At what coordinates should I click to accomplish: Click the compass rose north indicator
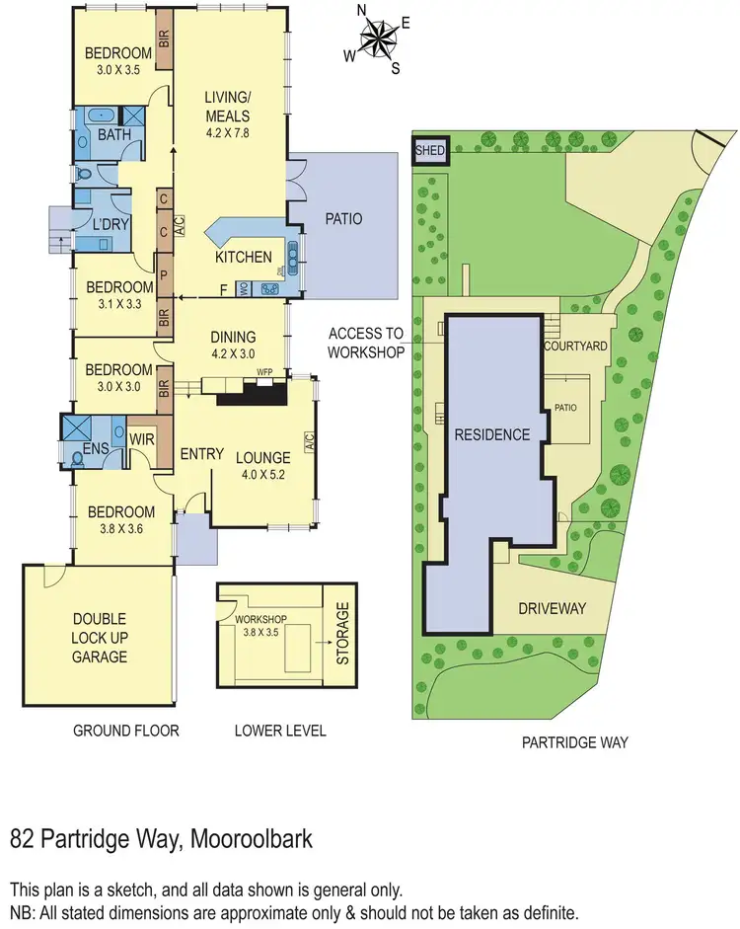362,12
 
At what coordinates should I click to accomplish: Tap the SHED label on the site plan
430,152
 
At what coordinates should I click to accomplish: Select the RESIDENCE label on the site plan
491,434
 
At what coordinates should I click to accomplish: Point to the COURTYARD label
574,347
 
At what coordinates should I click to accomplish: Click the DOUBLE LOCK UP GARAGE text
99,637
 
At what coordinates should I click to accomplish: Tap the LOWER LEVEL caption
279,732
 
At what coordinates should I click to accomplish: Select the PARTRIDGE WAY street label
575,742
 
